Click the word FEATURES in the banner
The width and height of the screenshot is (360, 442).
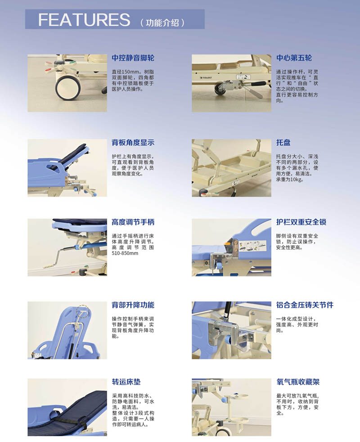(84, 20)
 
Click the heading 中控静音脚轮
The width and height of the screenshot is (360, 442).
(133, 58)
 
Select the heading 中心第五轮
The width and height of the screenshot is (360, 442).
(294, 58)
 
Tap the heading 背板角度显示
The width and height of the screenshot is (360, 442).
(133, 143)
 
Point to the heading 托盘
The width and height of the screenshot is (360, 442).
(283, 143)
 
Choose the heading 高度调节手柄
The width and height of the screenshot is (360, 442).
(133, 222)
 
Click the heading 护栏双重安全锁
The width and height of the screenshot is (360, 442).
(301, 222)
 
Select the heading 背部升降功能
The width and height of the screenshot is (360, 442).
(133, 305)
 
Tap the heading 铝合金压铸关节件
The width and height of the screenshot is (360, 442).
(305, 305)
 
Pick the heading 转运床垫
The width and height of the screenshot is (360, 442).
(126, 382)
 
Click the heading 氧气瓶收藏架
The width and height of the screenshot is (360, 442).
(298, 382)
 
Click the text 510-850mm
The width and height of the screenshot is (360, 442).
(125, 253)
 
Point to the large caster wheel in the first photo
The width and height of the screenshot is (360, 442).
(68, 87)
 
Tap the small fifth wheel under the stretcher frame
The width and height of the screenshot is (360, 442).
(220, 89)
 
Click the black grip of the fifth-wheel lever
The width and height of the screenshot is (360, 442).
(258, 84)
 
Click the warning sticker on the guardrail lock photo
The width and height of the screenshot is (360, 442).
(252, 245)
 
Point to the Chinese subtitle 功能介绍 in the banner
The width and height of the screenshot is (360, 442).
(162, 23)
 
